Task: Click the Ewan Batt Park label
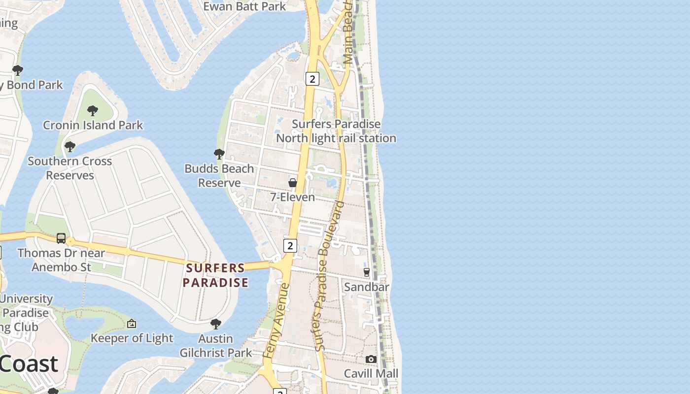(x=244, y=6)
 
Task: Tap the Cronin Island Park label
(x=93, y=125)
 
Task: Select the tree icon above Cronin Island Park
(x=92, y=111)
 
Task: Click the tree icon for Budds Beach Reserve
(x=219, y=154)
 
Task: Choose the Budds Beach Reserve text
(x=219, y=176)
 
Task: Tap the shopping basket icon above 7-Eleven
(x=293, y=183)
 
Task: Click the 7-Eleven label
(x=292, y=197)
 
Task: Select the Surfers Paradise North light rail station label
(x=336, y=131)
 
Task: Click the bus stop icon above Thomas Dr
(x=61, y=238)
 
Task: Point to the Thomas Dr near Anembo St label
(x=62, y=260)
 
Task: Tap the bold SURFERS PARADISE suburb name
(x=215, y=275)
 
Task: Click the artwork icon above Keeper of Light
(x=132, y=324)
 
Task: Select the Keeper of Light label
(x=132, y=338)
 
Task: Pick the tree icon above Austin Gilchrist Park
(x=215, y=324)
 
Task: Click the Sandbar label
(x=367, y=287)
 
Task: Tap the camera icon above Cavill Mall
(x=371, y=360)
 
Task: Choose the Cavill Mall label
(x=371, y=373)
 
